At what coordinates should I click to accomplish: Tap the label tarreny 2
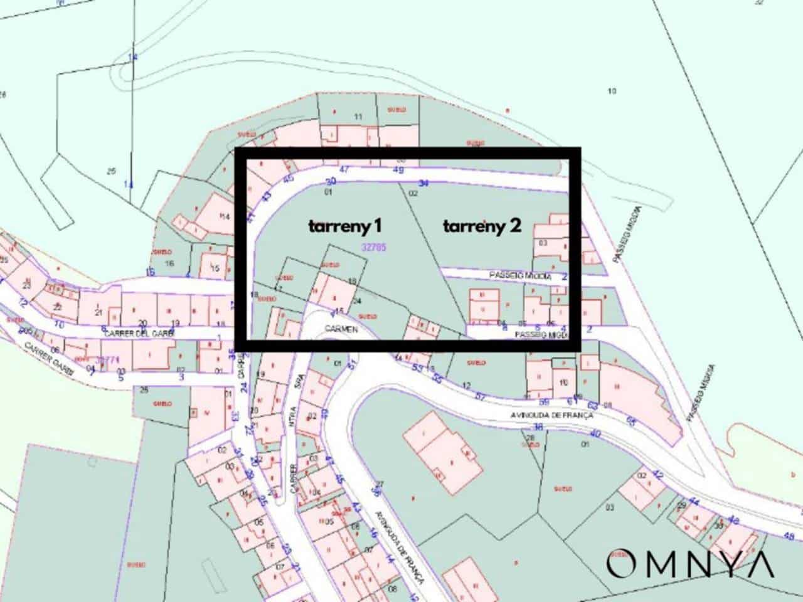point(482,226)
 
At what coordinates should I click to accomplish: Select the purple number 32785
point(374,248)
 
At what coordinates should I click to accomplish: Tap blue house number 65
point(630,422)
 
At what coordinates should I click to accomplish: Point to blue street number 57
point(481,396)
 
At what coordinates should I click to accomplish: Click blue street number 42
point(658,475)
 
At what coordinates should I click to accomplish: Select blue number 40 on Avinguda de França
point(595,434)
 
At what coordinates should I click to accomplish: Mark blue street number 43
point(266,196)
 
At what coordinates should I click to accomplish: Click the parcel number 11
point(359,117)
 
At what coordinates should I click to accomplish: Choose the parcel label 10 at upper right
point(612,92)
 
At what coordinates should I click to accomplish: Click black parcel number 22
point(58,307)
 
